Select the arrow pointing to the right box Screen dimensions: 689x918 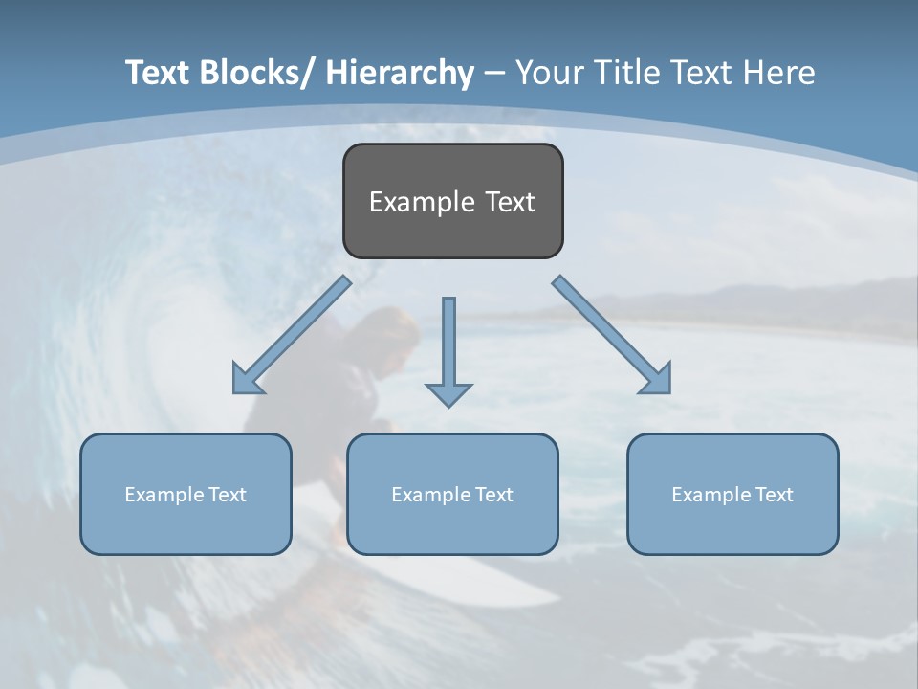point(612,335)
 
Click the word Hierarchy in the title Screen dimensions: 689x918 point(400,73)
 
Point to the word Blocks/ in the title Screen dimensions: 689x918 point(252,73)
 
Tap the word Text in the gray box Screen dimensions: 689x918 point(510,202)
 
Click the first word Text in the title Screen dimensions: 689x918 point(159,73)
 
